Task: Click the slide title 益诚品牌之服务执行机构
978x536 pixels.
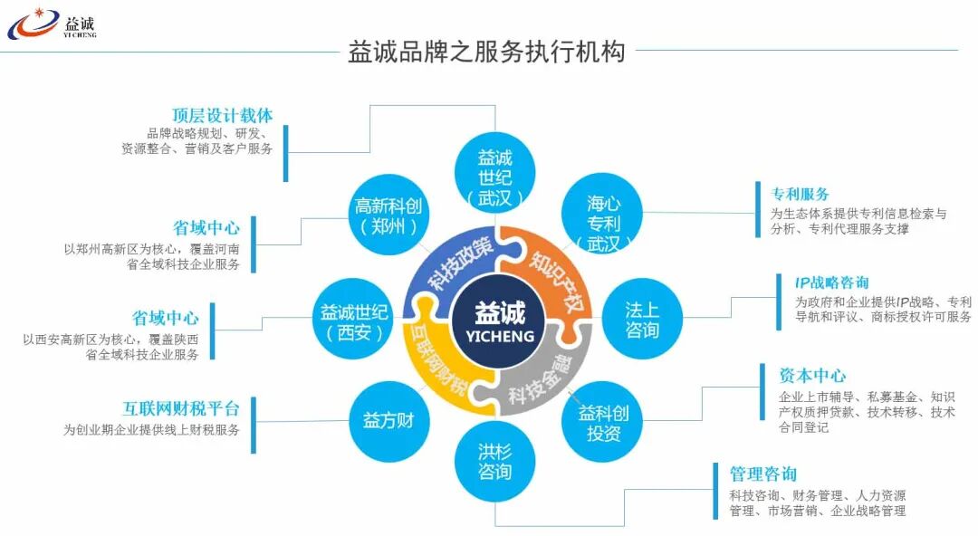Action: [x=486, y=51]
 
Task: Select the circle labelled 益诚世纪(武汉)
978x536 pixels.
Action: [x=495, y=176]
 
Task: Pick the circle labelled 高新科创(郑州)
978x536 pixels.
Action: [x=388, y=215]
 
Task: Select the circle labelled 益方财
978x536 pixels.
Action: [x=388, y=420]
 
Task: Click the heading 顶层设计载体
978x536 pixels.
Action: [x=222, y=115]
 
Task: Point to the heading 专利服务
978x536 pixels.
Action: [x=800, y=194]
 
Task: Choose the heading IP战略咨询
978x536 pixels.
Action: [x=831, y=282]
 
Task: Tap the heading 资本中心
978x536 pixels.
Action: [x=812, y=375]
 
